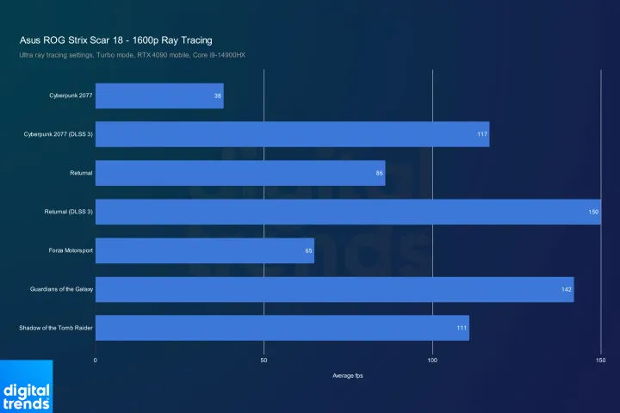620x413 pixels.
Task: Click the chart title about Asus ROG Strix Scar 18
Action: pyautogui.click(x=115, y=40)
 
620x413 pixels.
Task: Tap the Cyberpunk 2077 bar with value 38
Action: pyautogui.click(x=158, y=96)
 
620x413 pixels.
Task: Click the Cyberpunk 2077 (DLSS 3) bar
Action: pyautogui.click(x=292, y=134)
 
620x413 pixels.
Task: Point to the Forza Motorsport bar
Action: pyautogui.click(x=204, y=250)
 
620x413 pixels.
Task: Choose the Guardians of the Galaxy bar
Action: pyautogui.click(x=334, y=289)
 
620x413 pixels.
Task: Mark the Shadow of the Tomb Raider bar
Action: pyautogui.click(x=282, y=328)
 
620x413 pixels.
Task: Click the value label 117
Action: pyautogui.click(x=482, y=134)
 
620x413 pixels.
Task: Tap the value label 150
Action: pyautogui.click(x=593, y=212)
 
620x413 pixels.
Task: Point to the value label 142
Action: pyautogui.click(x=566, y=289)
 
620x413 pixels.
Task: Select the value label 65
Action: pyautogui.click(x=308, y=250)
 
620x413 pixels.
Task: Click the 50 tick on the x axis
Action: pyautogui.click(x=263, y=361)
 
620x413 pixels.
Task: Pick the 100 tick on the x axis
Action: pyautogui.click(x=432, y=361)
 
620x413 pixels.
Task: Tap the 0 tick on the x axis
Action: pyautogui.click(x=96, y=361)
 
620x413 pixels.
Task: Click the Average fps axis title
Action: pyautogui.click(x=348, y=375)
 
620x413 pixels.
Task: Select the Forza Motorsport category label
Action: pyautogui.click(x=71, y=250)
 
